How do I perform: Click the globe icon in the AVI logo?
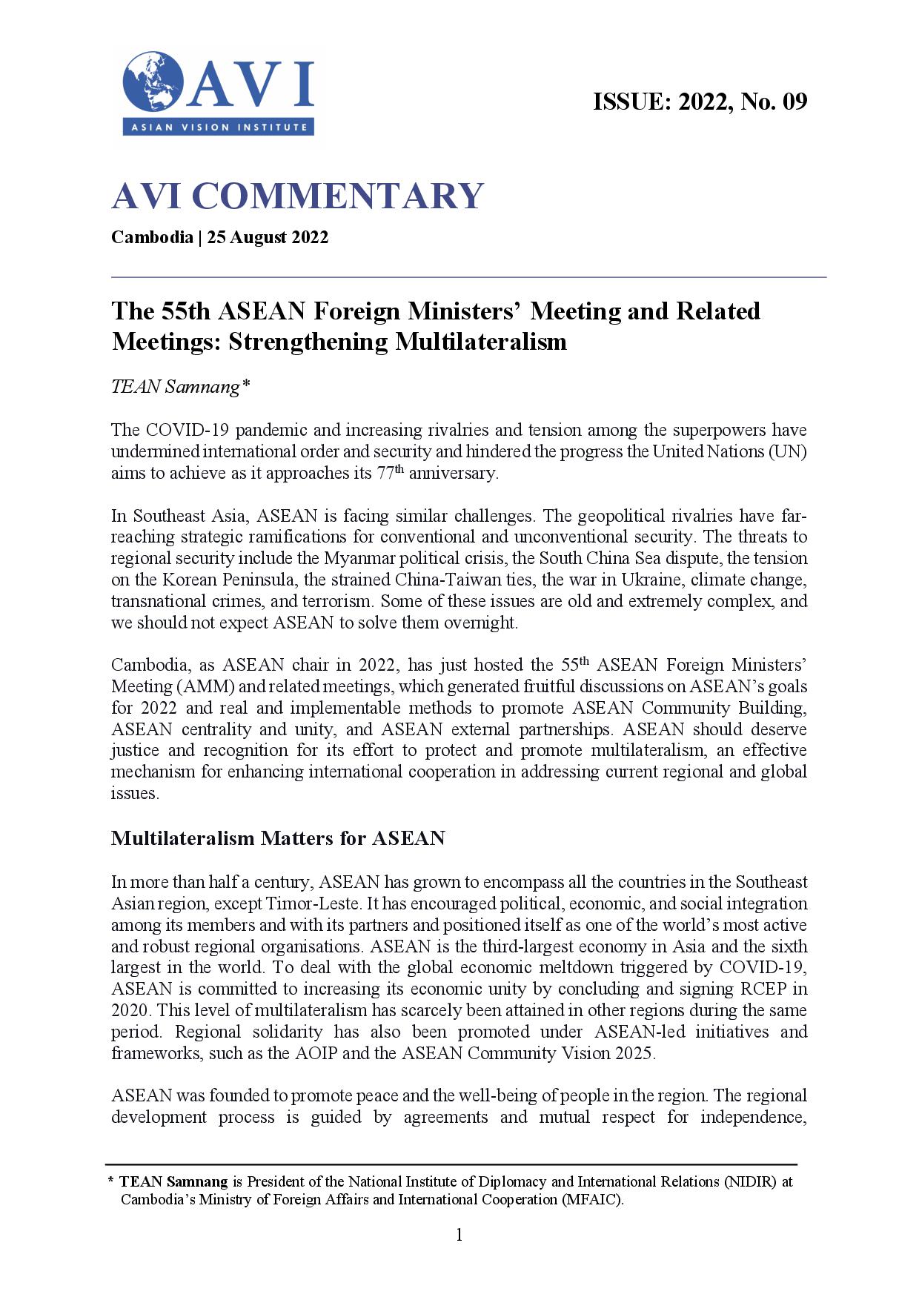tap(153, 82)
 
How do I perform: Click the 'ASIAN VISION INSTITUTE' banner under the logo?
tap(219, 127)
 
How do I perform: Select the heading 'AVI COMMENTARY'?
tap(297, 196)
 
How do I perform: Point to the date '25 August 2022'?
tap(268, 238)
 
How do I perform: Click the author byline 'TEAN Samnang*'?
tap(176, 387)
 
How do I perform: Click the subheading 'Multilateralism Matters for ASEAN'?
tap(278, 838)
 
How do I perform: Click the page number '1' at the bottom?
tap(459, 1235)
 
